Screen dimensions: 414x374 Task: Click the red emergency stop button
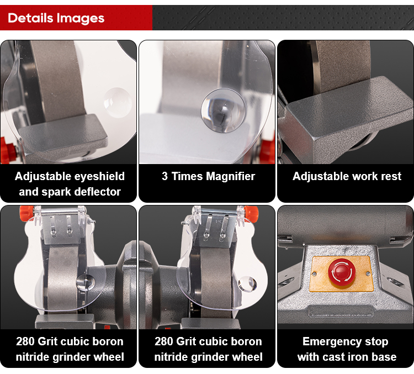tap(342, 272)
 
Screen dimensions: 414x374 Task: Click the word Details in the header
tap(30, 18)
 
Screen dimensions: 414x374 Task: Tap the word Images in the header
tap(80, 18)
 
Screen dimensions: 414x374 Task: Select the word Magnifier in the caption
tap(231, 176)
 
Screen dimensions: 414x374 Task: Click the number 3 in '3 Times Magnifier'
tap(164, 176)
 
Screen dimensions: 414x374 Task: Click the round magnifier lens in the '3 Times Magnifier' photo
tap(223, 111)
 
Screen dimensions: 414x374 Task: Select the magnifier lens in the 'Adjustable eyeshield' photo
tap(117, 103)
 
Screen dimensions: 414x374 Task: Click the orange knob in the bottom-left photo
tap(26, 212)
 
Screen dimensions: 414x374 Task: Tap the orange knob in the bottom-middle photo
tap(251, 212)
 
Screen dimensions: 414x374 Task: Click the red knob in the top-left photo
tap(8, 149)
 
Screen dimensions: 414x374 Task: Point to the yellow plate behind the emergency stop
tap(342, 273)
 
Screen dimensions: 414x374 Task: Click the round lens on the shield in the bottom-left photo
tap(86, 282)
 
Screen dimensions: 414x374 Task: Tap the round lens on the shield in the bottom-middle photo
tap(247, 284)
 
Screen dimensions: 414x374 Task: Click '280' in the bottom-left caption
tap(25, 341)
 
